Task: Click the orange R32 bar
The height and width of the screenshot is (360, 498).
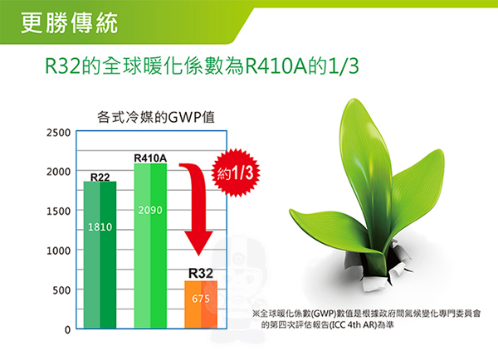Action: [201, 304]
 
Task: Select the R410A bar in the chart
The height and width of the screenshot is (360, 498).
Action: [150, 246]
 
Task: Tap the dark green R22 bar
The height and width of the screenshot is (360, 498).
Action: [100, 255]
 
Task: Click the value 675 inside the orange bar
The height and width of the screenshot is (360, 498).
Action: [201, 299]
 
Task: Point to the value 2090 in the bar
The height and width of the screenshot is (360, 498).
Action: [150, 210]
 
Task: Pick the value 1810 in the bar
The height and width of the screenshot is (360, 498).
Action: [100, 227]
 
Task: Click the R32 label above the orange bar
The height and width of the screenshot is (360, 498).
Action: [201, 274]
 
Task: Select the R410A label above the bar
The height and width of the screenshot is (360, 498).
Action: [150, 158]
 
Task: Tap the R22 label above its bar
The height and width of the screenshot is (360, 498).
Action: [100, 178]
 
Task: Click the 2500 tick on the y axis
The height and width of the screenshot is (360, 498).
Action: [58, 133]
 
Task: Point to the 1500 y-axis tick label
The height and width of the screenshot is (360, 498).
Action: [58, 212]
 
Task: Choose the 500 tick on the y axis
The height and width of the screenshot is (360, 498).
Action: [61, 290]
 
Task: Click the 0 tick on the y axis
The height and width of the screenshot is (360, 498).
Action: [67, 330]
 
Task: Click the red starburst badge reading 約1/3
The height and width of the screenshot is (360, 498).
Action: [236, 173]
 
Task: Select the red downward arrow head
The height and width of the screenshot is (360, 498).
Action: [199, 243]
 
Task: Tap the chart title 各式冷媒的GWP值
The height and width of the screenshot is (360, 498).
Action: [156, 118]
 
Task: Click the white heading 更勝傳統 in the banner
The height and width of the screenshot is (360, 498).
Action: [69, 23]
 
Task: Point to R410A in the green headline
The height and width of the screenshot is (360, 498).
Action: [276, 66]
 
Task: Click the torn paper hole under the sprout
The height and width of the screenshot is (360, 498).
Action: [378, 265]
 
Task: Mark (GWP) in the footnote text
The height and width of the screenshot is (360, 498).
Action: [324, 314]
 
